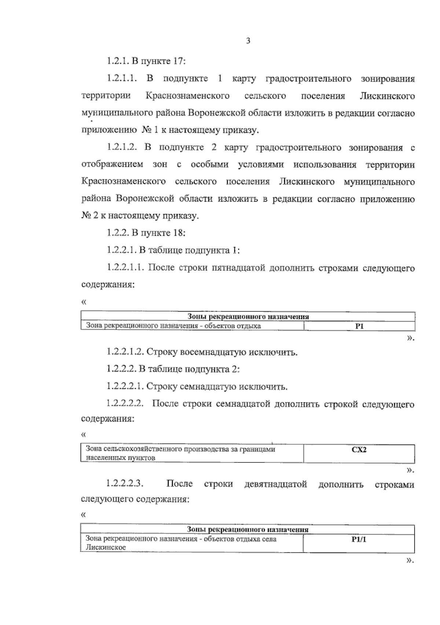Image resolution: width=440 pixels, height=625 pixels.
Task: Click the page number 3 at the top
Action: pos(248,41)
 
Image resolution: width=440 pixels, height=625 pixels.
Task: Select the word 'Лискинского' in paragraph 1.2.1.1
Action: pos(387,96)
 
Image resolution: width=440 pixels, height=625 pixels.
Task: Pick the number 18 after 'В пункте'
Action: pos(178,233)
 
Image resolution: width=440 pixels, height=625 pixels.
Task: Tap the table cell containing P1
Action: pos(359,326)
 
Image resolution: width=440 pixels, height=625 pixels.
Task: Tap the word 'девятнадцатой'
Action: pos(275,485)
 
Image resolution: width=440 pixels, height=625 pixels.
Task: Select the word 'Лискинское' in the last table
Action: pos(106,548)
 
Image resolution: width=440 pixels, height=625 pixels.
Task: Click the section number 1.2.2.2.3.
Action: pos(125,485)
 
